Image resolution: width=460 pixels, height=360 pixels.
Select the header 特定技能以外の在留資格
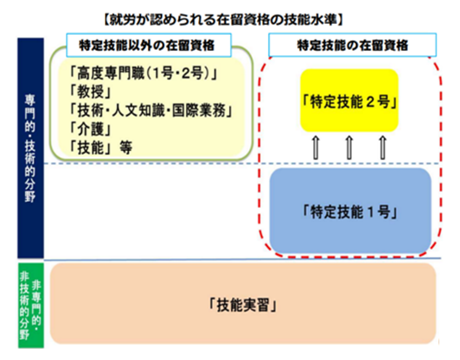click(147, 45)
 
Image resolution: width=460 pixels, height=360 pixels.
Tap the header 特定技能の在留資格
click(353, 45)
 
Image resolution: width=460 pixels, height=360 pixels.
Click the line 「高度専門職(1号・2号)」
click(144, 73)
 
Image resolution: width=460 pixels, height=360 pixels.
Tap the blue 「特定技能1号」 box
click(350, 211)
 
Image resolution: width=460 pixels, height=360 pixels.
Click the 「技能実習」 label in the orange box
click(243, 305)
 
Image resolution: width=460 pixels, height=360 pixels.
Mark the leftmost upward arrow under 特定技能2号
click(316, 148)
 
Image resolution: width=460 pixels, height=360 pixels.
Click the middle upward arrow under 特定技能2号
click(349, 148)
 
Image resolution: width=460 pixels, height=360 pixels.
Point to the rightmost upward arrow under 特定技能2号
click(382, 148)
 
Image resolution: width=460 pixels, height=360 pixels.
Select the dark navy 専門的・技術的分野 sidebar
click(31, 148)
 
